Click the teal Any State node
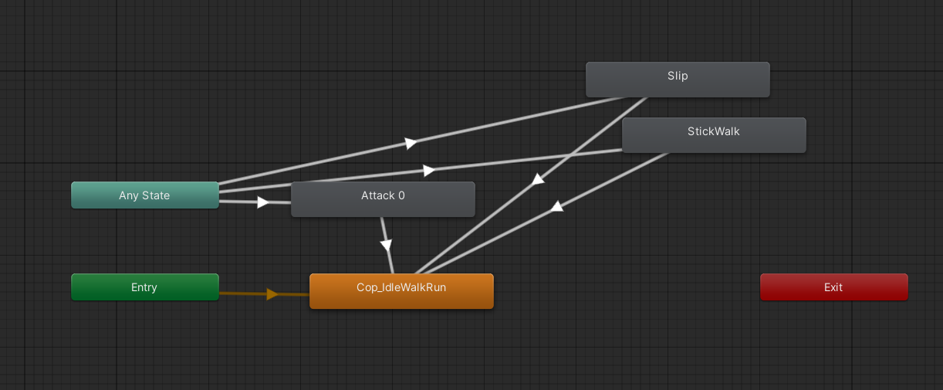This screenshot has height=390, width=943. (144, 195)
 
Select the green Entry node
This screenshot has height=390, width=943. (144, 287)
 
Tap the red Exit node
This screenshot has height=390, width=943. (833, 287)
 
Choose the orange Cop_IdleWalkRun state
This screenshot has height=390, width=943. (401, 291)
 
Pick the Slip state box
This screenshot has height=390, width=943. (678, 80)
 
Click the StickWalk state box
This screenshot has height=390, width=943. (714, 135)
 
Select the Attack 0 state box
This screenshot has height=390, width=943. (383, 199)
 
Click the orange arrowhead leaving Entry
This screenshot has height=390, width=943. (272, 294)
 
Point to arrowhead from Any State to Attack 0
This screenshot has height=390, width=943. (263, 202)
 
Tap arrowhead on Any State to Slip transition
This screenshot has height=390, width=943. (411, 143)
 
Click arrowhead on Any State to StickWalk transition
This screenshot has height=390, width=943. (429, 170)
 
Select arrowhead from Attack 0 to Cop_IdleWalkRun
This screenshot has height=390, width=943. (387, 245)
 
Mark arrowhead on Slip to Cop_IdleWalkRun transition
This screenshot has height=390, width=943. (538, 179)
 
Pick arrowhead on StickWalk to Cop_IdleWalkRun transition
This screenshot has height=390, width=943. (556, 206)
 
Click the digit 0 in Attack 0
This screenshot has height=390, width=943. (401, 195)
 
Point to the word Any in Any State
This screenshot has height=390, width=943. (129, 195)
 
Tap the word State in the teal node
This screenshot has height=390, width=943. (157, 195)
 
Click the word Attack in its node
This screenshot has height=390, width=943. (377, 195)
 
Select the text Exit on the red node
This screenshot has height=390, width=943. (833, 287)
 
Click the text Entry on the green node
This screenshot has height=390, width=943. (144, 287)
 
